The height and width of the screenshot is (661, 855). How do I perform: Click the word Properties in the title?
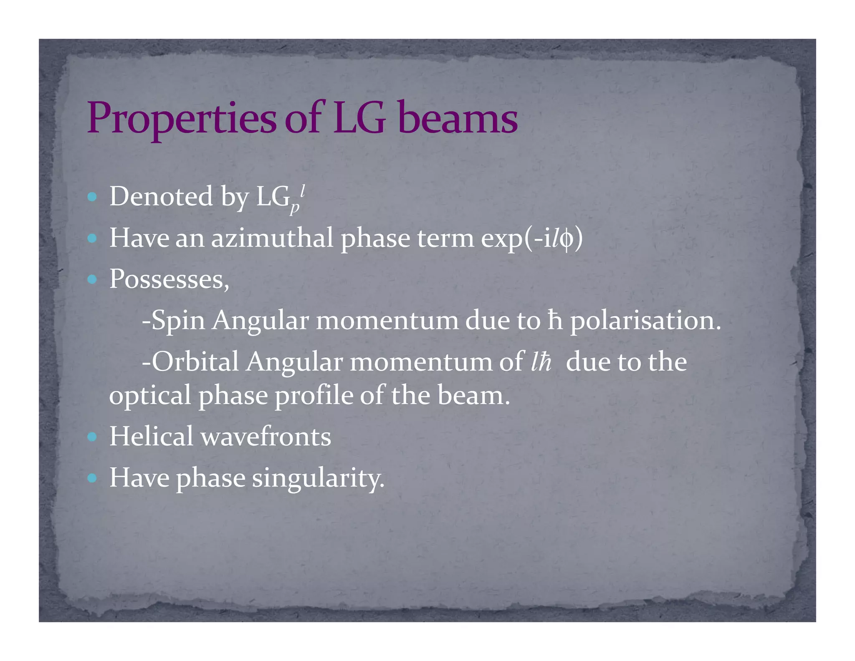tap(181, 119)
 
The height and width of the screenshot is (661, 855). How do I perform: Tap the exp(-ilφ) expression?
tap(531, 239)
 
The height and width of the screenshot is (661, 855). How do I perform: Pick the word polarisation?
tap(645, 320)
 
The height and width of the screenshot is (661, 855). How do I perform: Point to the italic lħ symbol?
tap(541, 362)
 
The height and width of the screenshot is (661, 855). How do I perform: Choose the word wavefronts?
tap(266, 436)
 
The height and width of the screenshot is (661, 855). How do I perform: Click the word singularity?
tap(318, 478)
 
